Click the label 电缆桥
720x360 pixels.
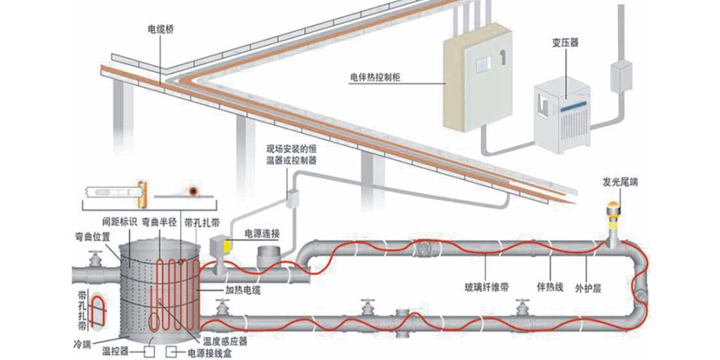click(x=161, y=30)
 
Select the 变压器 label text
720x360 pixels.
click(x=564, y=43)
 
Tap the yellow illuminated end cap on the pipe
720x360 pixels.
click(x=615, y=213)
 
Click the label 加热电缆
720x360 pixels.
click(x=243, y=290)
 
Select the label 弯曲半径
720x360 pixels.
click(x=157, y=222)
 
